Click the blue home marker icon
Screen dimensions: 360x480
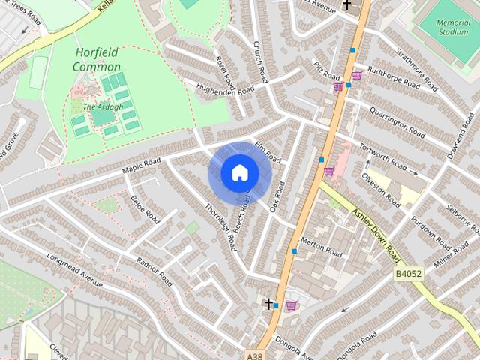(238, 173)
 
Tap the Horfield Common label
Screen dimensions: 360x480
(97, 60)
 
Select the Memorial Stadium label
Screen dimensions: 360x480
(453, 28)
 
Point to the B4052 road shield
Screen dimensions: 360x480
(409, 274)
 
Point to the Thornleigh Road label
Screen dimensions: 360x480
(220, 227)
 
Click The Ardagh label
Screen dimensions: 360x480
(97, 106)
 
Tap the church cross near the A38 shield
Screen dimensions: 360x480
(268, 304)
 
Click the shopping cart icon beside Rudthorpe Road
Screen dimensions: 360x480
(357, 75)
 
